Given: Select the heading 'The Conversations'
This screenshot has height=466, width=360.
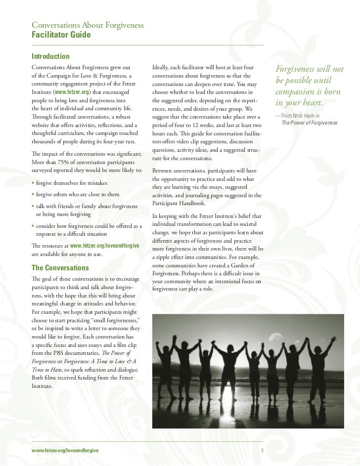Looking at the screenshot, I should click(x=60, y=268).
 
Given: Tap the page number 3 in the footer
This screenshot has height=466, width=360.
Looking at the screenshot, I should click(x=262, y=450).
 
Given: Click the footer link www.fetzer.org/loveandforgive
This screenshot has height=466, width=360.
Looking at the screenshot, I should click(x=64, y=450).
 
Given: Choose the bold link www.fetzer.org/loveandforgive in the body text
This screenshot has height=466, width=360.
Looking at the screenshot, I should click(x=104, y=246).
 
